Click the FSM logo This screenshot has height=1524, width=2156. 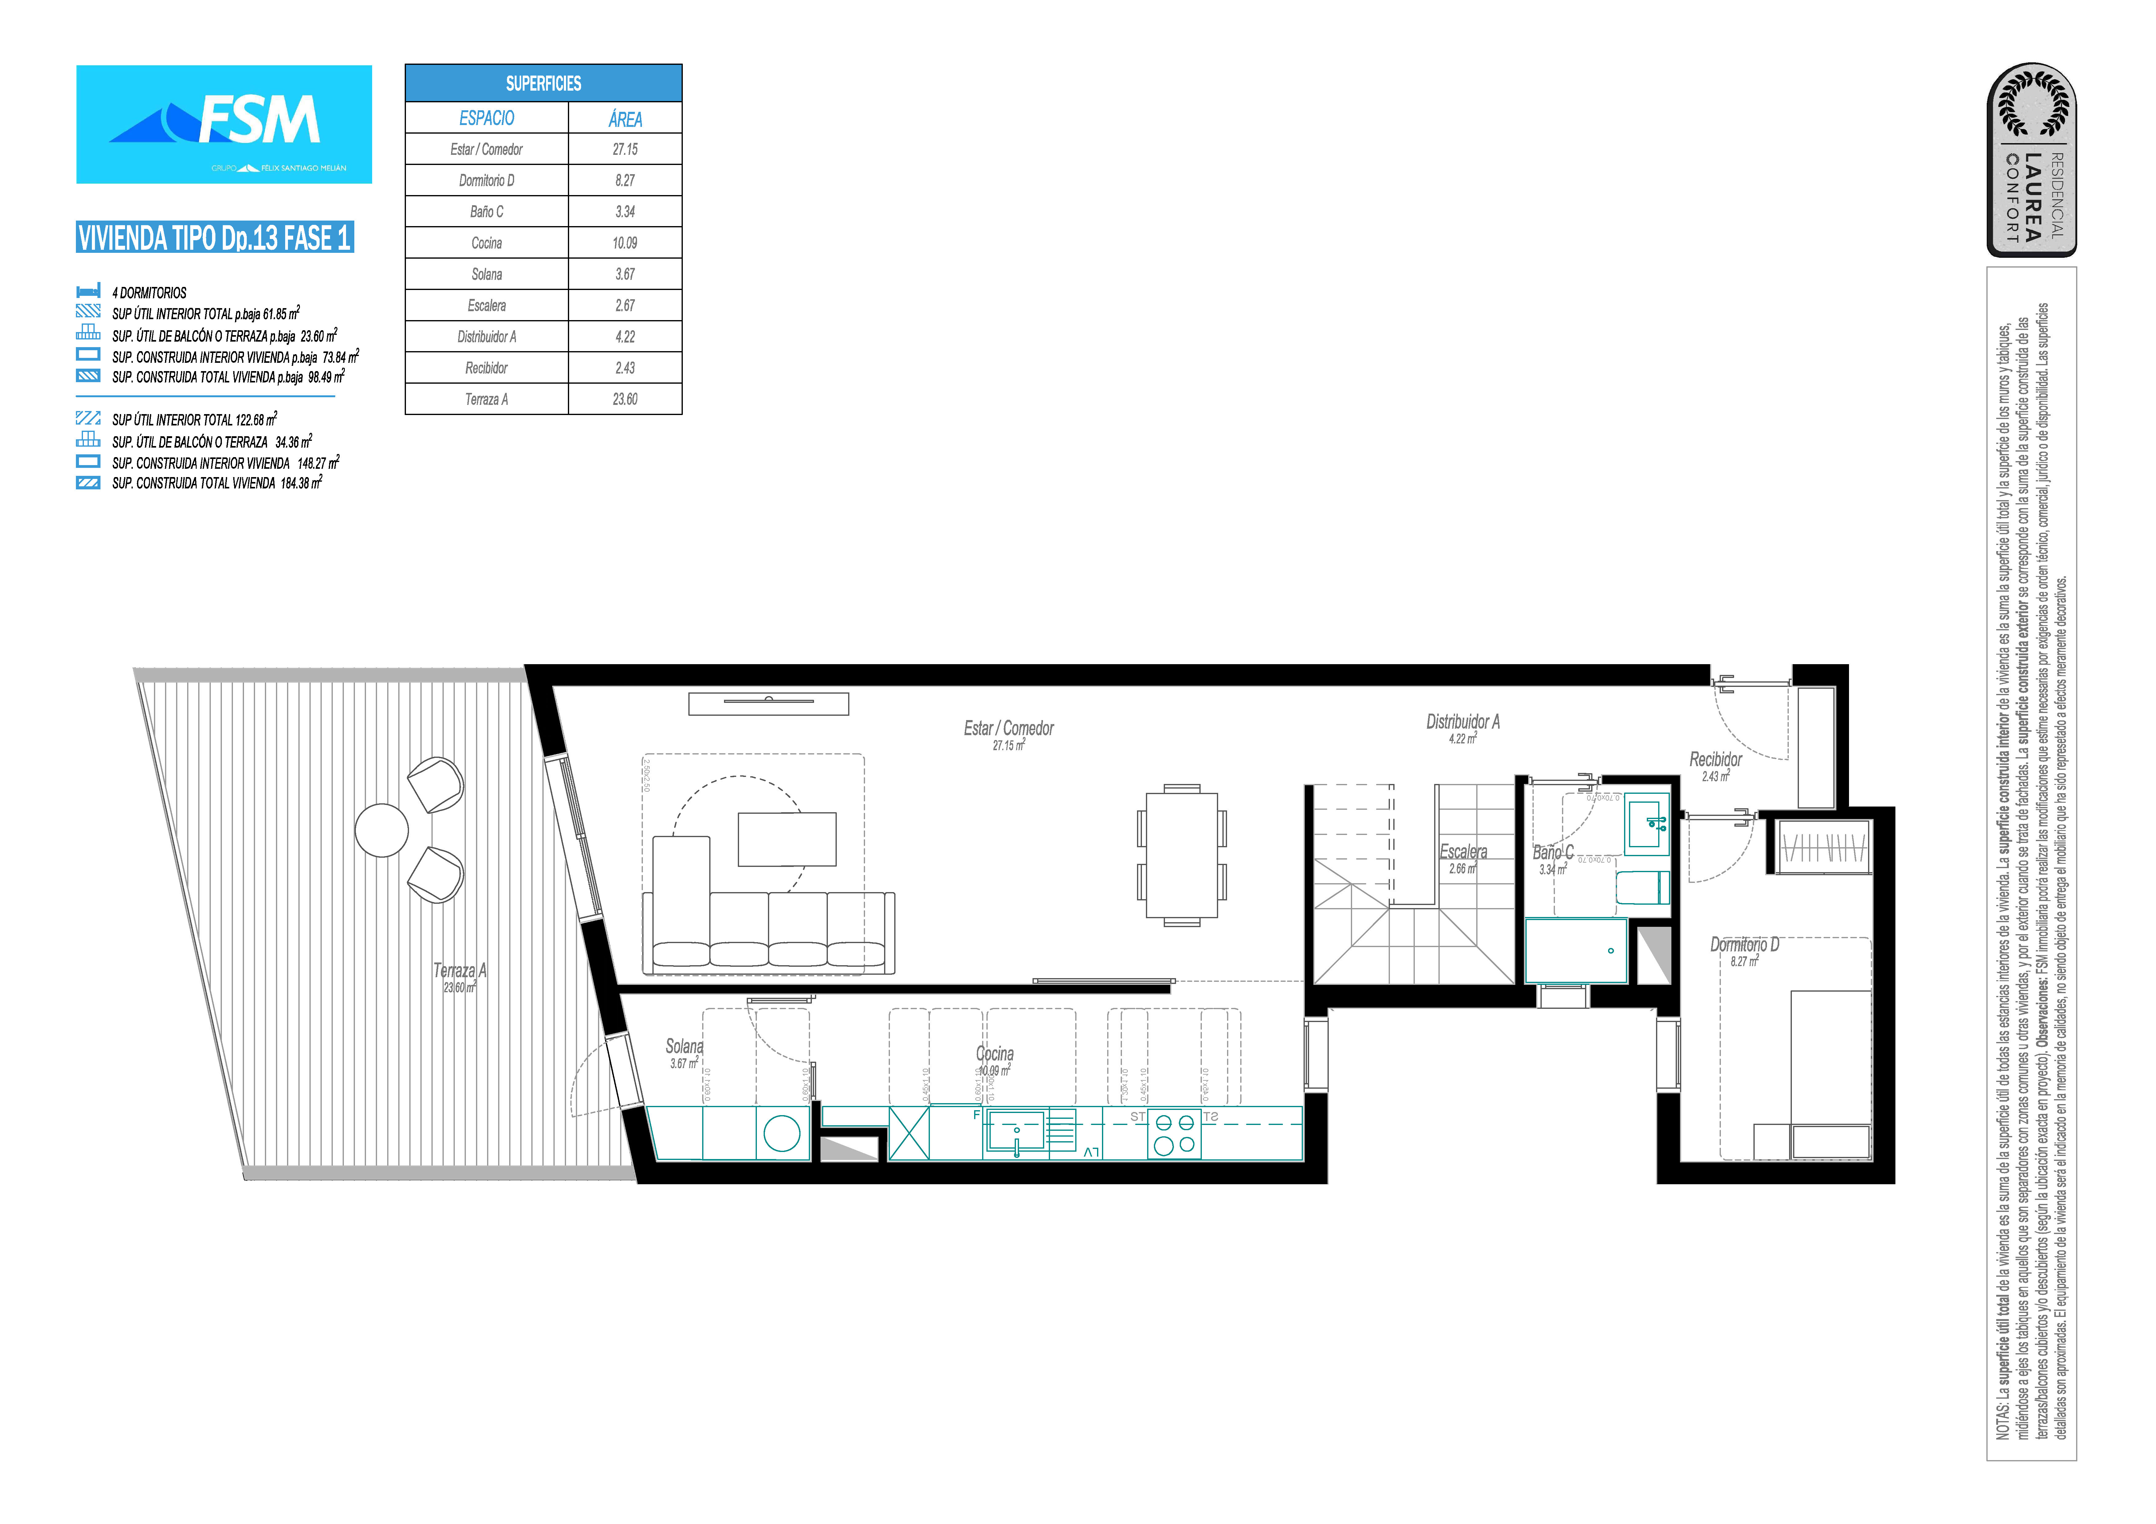[223, 124]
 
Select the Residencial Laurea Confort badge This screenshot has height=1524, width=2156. [2031, 160]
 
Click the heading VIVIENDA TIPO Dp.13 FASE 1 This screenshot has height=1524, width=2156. [214, 237]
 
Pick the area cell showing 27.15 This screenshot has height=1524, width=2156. [624, 149]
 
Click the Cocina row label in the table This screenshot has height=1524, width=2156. [486, 243]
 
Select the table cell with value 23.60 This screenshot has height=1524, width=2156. [624, 399]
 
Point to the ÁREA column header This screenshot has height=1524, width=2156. [624, 118]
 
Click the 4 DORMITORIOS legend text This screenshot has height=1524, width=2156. [149, 293]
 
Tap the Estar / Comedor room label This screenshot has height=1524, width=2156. [1009, 729]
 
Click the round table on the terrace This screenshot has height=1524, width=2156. [381, 830]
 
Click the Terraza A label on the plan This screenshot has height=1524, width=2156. [459, 971]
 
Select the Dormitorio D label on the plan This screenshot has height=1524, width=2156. [1744, 945]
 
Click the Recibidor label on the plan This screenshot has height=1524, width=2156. [1715, 760]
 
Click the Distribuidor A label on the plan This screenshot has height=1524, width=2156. [1462, 722]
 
